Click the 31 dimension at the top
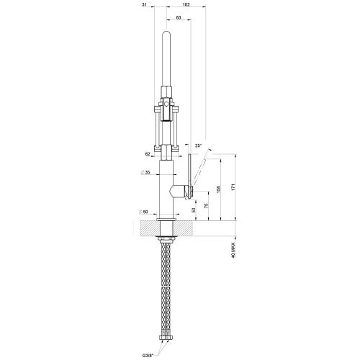(145, 6)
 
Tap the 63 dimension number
(178, 17)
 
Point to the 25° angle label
(197, 145)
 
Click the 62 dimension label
(147, 153)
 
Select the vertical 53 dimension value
(194, 210)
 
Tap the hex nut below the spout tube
(166, 91)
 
